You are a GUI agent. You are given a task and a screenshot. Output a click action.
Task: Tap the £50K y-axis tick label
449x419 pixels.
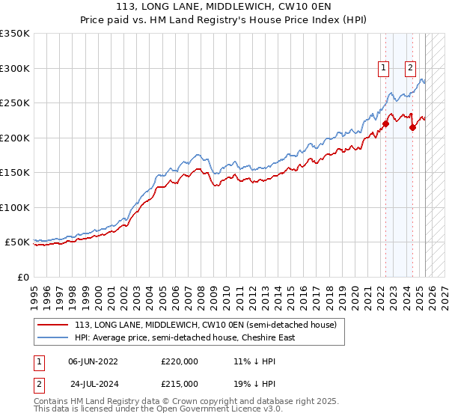[x=17, y=242]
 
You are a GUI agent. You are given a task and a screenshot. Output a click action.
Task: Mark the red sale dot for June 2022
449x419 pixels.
[x=386, y=123]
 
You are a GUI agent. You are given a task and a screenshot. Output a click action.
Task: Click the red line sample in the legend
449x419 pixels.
[x=54, y=325]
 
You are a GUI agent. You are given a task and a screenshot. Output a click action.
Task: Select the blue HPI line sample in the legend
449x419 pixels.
[x=54, y=337]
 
